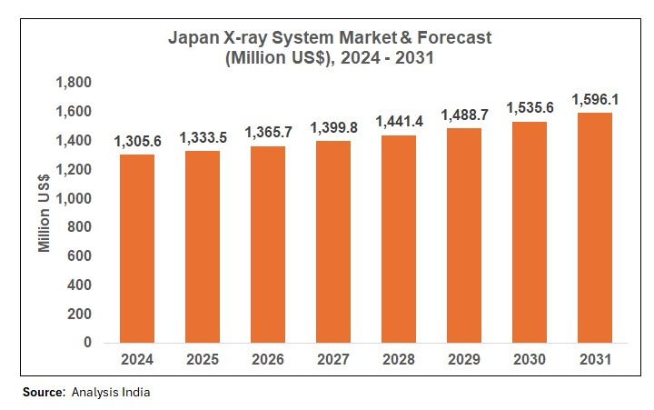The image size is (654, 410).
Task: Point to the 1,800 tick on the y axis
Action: coord(74,83)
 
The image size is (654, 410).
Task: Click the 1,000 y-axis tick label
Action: coord(74,198)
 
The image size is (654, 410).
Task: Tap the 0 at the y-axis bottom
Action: coord(87,343)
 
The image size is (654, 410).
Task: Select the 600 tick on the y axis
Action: coord(80,256)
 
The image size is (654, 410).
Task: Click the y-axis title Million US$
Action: coord(44,213)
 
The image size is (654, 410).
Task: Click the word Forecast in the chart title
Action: coord(448,39)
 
